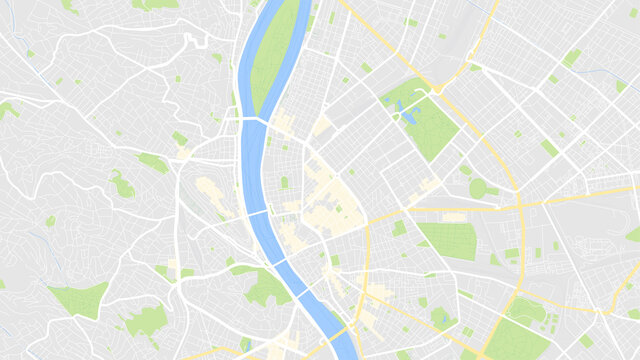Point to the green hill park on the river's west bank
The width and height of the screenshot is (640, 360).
pos(265,288)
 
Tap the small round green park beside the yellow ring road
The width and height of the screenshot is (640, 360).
pos(478,188)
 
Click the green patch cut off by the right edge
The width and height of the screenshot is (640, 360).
pos(633,235)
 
